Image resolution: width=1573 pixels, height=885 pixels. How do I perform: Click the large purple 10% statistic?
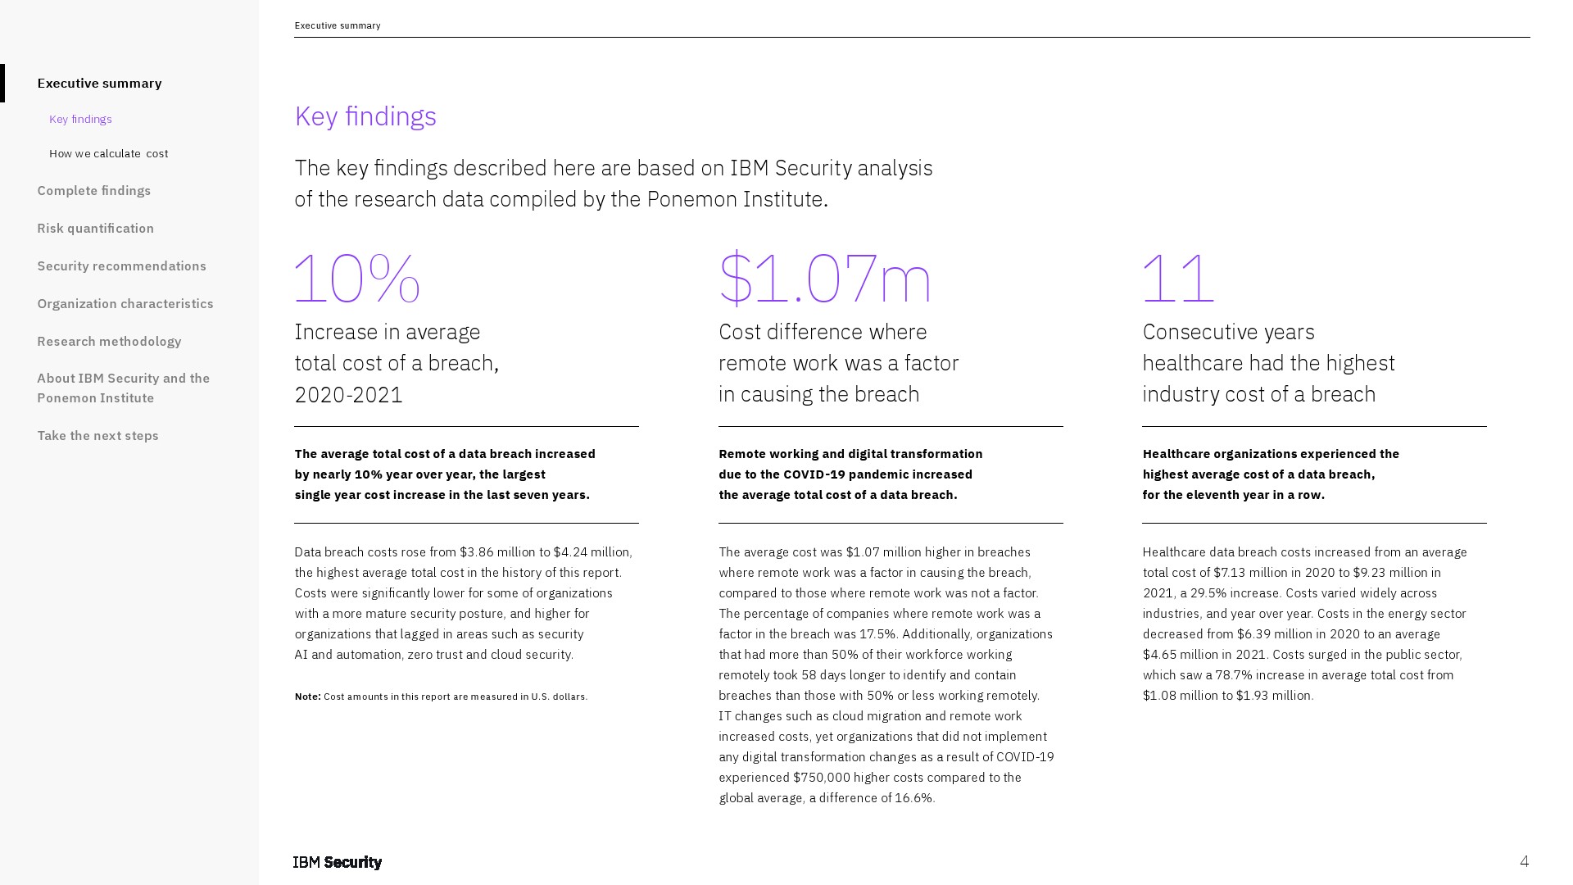357,279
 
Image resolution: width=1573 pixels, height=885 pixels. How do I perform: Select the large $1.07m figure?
824,279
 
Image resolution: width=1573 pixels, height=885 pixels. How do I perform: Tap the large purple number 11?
1177,279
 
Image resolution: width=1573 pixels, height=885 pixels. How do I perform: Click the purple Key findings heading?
365,116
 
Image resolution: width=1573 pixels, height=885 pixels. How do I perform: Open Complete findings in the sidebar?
94,190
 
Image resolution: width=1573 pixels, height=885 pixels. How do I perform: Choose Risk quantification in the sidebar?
95,228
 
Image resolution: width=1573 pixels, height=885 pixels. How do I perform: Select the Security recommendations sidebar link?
121,265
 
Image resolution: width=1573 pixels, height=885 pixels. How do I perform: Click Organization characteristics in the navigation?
125,303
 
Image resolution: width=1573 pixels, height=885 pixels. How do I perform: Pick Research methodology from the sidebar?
109,341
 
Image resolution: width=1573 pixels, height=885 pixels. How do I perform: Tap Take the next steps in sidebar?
97,435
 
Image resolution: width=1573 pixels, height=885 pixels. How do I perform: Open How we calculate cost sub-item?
108,153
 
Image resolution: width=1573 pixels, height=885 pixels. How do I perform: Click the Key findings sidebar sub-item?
80,119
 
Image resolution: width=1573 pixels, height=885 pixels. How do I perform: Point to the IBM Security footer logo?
338,862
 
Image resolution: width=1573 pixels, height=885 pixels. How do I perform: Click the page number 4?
1524,861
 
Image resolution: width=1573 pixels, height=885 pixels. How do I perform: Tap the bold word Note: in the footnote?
307,697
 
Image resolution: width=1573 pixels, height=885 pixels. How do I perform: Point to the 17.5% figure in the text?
878,634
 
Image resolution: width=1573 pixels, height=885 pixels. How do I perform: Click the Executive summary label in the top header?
338,25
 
